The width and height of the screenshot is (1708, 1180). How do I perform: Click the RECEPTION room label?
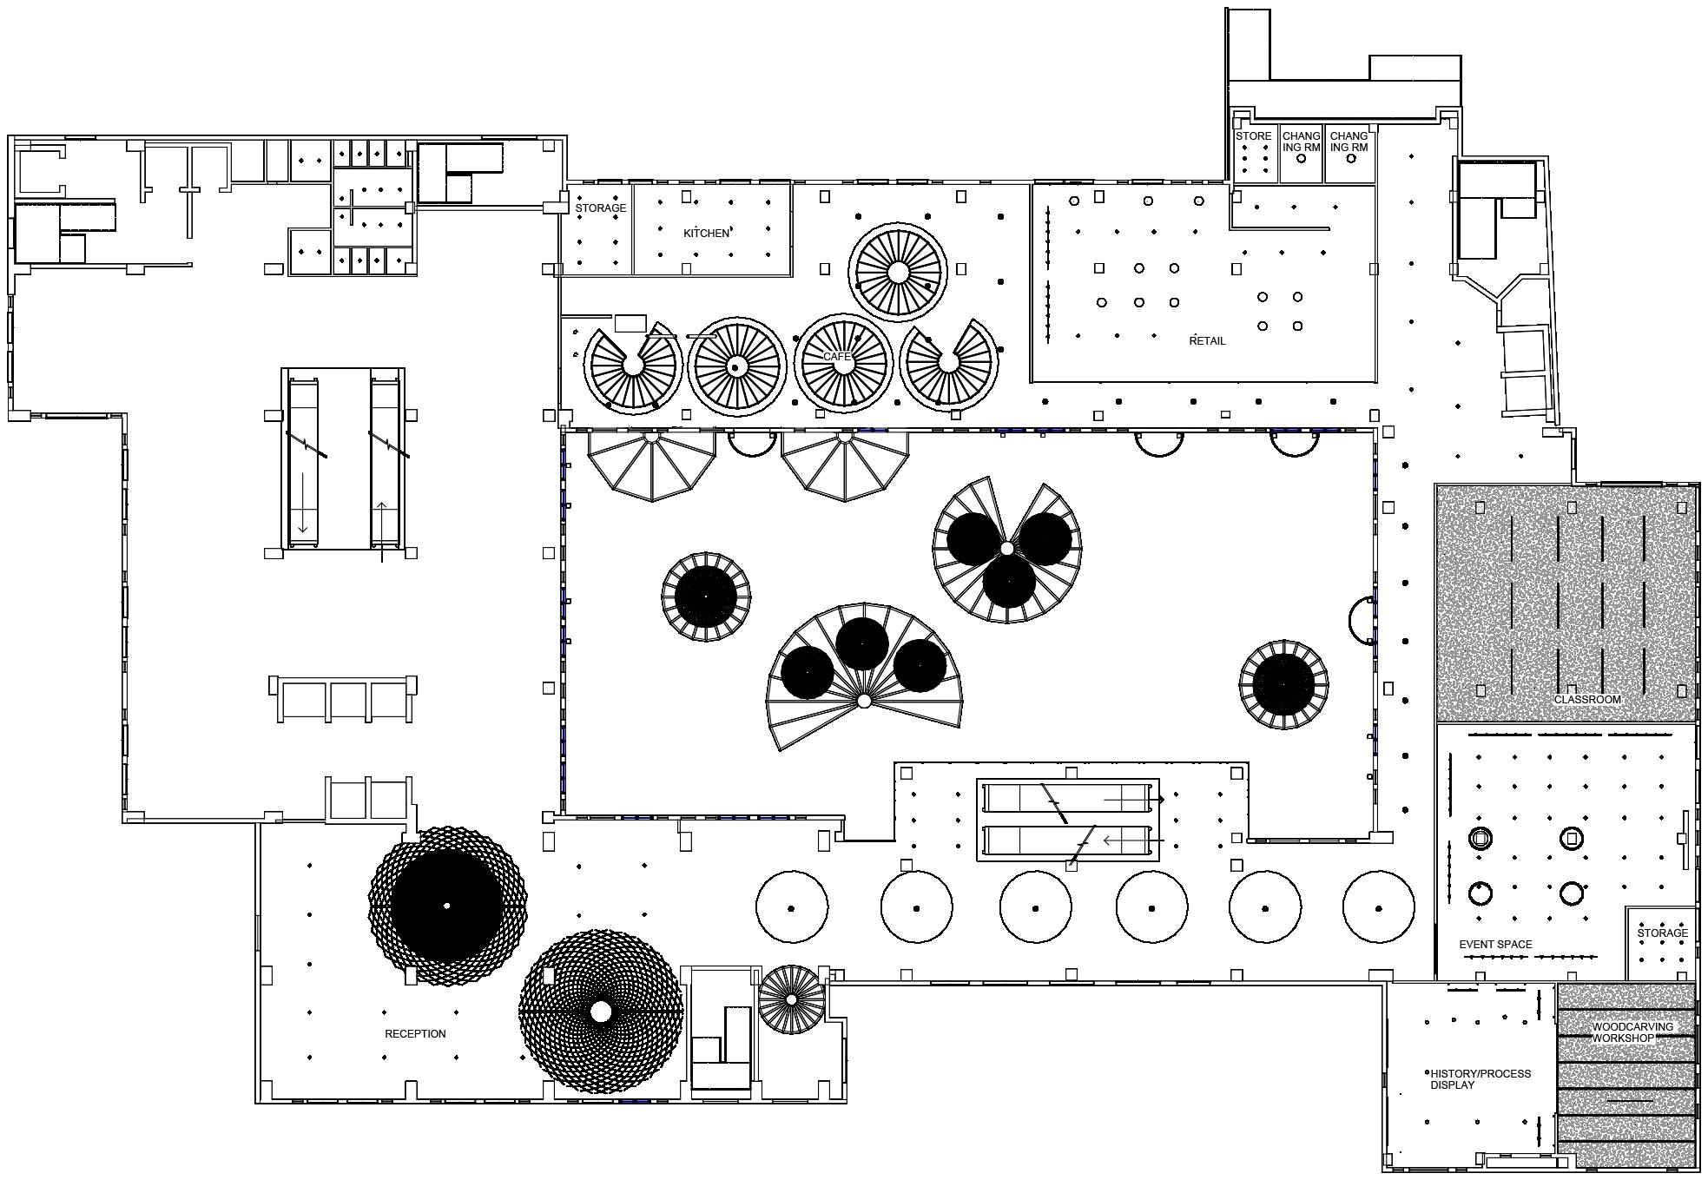[415, 1033]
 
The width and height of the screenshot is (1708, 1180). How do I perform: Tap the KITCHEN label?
[706, 233]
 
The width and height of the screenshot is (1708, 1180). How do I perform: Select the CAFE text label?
[837, 357]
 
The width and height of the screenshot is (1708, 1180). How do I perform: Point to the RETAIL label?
[1207, 340]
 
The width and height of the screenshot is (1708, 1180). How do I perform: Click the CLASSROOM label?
[1587, 699]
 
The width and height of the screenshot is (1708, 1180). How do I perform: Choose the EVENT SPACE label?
[1495, 944]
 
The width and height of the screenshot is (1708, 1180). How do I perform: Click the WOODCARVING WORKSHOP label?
[1620, 1032]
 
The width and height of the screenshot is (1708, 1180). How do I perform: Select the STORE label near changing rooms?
[1253, 136]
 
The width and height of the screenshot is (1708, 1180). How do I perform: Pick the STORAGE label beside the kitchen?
[600, 208]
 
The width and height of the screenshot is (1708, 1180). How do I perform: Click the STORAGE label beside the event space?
[1662, 933]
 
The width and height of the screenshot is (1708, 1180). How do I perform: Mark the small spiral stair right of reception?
[791, 999]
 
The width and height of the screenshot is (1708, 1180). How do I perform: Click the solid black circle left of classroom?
[1283, 684]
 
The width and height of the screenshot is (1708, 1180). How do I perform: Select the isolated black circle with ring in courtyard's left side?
[705, 597]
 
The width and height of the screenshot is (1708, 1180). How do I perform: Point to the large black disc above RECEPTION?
[446, 906]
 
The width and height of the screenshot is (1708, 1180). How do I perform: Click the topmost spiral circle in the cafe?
[898, 273]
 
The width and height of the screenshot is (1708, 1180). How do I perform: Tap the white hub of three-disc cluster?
[1006, 549]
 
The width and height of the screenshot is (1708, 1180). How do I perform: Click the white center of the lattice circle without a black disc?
[600, 1012]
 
